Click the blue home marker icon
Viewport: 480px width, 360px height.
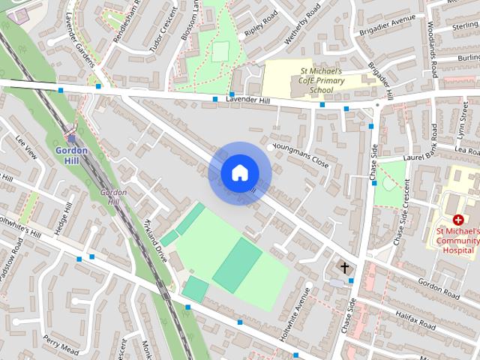tap(239, 173)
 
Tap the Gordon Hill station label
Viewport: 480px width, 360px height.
tap(72, 155)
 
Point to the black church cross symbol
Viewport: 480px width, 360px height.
tap(345, 267)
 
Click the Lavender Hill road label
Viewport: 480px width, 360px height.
tap(247, 99)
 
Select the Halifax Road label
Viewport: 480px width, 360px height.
tap(416, 320)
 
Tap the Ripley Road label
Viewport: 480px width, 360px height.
tap(259, 25)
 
